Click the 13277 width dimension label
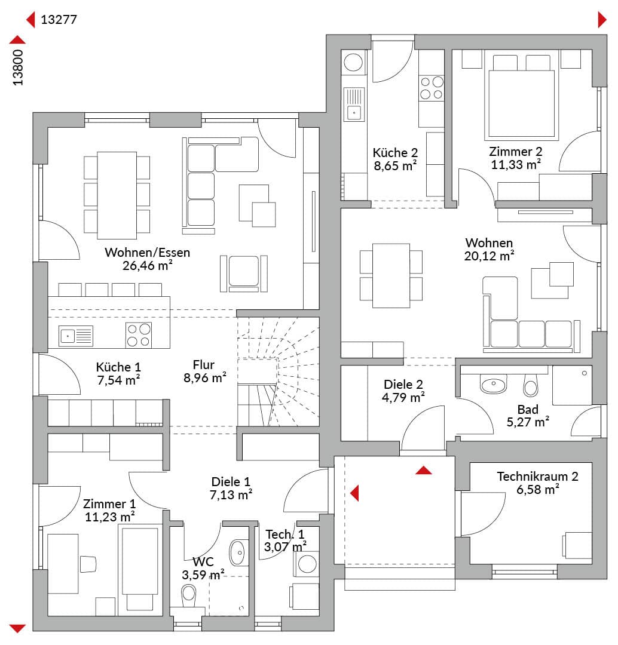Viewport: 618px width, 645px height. click(59, 19)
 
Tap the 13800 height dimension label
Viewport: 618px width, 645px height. click(18, 67)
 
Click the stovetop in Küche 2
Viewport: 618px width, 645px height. click(432, 88)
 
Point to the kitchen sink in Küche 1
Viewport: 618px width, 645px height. click(76, 336)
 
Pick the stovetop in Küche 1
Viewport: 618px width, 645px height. click(139, 335)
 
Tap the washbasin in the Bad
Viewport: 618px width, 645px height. click(493, 384)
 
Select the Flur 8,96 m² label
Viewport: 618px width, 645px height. click(204, 371)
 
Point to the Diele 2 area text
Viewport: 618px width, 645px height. click(403, 391)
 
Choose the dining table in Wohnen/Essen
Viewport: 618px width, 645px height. click(117, 195)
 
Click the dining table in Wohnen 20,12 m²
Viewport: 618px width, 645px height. click(391, 275)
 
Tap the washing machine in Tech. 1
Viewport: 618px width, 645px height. click(305, 564)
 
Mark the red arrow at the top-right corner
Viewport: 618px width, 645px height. click(602, 20)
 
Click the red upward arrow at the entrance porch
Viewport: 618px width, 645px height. click(424, 470)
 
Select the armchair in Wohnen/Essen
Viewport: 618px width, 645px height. click(244, 273)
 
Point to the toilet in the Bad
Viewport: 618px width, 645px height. click(531, 385)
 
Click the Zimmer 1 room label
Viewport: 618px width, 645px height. click(109, 510)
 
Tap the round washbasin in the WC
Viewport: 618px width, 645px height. click(238, 552)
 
